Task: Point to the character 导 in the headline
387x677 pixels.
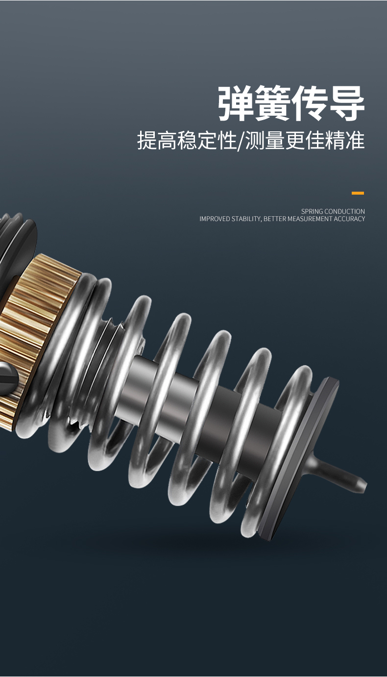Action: click(x=347, y=103)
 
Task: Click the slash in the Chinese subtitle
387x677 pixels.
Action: click(x=241, y=140)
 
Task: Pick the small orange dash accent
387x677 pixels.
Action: click(x=358, y=193)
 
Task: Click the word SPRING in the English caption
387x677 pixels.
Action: click(x=312, y=211)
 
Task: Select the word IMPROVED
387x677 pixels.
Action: click(x=215, y=219)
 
